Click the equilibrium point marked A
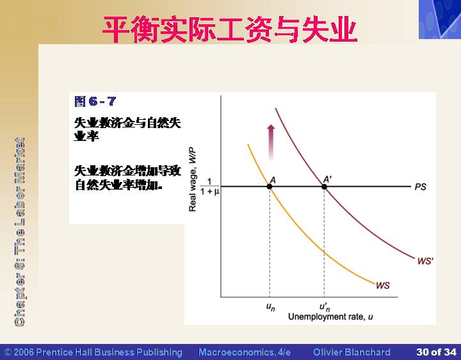(x=270, y=186)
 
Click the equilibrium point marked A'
(x=324, y=186)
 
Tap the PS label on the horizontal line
(x=420, y=187)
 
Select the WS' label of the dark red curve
(x=425, y=261)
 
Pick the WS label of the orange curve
(x=382, y=285)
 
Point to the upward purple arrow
(x=271, y=142)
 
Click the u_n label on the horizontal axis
(x=270, y=307)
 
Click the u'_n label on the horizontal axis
(x=325, y=307)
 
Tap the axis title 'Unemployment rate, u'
(x=330, y=317)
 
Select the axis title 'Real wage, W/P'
(x=192, y=179)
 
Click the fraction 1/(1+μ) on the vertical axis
(x=209, y=187)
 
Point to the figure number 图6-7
(x=95, y=101)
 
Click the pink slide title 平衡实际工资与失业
(x=230, y=29)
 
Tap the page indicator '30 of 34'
(x=436, y=352)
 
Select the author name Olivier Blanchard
(x=352, y=352)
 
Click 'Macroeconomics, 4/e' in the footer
(x=245, y=352)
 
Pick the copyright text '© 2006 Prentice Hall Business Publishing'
(x=93, y=352)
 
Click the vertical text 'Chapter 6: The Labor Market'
(x=19, y=232)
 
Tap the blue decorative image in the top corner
(x=440, y=19)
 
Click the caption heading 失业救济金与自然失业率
(x=127, y=129)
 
